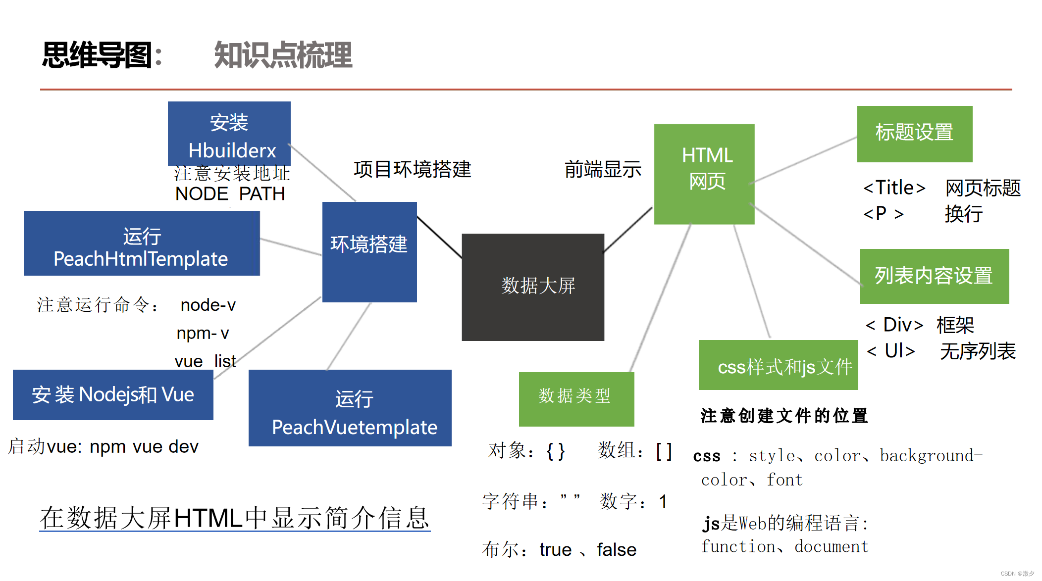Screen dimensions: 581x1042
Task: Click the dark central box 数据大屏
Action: (x=533, y=287)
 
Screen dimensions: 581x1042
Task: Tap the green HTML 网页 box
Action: (x=704, y=174)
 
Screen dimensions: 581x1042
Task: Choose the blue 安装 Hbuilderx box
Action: (x=229, y=133)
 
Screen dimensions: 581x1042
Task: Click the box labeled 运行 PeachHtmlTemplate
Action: (x=142, y=243)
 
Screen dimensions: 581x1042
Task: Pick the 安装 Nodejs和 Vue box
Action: (x=113, y=394)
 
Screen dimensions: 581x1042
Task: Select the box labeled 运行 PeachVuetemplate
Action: (x=350, y=408)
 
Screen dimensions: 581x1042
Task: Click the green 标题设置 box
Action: (x=915, y=134)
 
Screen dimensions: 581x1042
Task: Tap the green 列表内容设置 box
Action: (x=934, y=276)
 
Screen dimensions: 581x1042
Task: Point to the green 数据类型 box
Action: (x=576, y=399)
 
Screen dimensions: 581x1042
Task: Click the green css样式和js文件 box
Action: (x=778, y=365)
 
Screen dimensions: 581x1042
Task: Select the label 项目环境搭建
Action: (x=412, y=169)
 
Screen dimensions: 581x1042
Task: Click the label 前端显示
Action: (x=603, y=170)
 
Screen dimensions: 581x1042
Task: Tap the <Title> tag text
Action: (x=894, y=188)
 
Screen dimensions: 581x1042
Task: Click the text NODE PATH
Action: (x=230, y=194)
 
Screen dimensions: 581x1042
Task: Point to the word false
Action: (x=617, y=549)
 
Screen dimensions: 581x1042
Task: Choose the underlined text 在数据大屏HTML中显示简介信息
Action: (x=235, y=518)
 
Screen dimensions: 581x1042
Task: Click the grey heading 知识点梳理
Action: (x=283, y=55)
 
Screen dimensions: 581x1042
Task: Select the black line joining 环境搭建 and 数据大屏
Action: (x=439, y=237)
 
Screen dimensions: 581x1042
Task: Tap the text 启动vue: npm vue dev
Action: (x=104, y=446)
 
